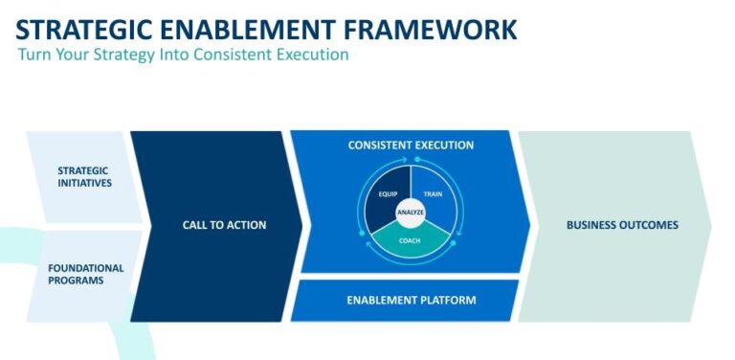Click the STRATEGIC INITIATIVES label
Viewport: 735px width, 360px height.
83,177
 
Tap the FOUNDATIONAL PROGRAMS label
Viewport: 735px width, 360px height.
86,274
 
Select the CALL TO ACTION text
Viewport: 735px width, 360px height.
224,225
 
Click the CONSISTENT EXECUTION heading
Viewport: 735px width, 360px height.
411,146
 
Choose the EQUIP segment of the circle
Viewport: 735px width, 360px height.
388,195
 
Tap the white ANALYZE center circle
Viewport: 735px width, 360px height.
411,214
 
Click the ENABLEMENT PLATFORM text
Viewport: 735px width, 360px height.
411,301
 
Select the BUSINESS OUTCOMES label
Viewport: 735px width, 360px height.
622,225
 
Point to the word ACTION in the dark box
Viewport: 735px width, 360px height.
246,225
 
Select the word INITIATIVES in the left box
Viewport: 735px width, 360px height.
83,184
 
